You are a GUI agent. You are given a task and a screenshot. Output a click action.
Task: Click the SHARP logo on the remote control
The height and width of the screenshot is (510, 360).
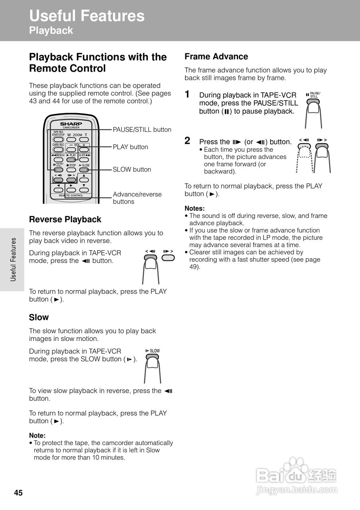71,124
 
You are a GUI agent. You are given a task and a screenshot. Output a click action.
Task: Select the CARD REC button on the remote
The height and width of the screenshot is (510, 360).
58,150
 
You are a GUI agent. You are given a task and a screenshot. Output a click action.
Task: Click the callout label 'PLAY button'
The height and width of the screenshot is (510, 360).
130,147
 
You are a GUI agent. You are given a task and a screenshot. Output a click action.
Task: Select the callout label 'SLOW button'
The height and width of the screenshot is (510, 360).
132,169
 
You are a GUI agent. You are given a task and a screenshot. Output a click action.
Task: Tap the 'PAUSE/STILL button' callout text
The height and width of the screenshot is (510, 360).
142,129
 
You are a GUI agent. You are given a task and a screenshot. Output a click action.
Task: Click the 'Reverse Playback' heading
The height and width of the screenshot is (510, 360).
65,220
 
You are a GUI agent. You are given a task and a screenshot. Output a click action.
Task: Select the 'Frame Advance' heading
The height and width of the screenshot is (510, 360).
216,57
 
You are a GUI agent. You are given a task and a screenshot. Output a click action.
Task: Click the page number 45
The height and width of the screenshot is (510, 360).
18,493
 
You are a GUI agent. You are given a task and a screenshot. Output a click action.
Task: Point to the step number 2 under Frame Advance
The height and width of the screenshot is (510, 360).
187,141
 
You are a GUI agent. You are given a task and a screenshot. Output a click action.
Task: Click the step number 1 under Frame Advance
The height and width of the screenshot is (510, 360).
187,94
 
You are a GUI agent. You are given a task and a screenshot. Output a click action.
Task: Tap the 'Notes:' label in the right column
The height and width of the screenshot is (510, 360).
195,208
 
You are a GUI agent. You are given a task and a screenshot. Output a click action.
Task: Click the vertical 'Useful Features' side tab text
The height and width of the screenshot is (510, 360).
13,259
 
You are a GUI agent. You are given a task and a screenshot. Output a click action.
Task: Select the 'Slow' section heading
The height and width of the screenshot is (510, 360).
39,318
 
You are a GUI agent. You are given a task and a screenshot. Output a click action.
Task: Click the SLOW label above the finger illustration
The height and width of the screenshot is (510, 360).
153,351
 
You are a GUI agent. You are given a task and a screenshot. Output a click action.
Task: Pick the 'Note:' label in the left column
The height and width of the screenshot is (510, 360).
37,435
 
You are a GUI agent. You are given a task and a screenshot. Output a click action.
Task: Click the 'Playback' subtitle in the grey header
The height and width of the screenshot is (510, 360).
51,31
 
